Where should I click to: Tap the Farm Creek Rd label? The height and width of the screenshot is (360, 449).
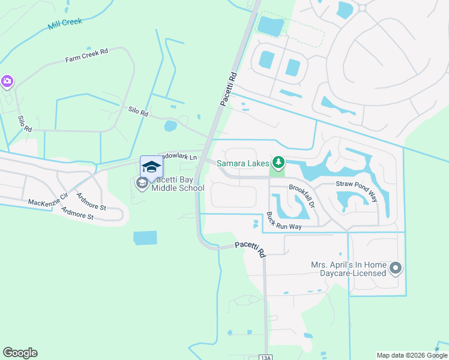click(86, 56)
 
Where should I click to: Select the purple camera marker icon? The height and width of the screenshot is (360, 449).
click(7, 81)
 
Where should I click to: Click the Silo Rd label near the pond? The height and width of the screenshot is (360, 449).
click(138, 111)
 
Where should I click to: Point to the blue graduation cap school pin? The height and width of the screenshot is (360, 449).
click(151, 166)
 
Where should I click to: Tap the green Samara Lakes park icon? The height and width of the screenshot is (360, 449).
click(278, 162)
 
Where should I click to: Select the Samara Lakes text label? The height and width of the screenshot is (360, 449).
click(243, 163)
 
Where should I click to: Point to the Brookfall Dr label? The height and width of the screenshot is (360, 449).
click(302, 196)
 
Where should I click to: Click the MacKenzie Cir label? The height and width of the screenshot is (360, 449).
click(48, 199)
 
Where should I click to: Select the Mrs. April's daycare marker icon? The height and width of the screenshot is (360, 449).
click(395, 268)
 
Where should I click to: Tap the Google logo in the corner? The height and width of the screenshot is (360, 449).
click(20, 353)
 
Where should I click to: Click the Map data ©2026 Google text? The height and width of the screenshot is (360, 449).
click(411, 355)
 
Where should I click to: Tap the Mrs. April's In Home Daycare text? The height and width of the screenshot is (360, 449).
click(348, 269)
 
